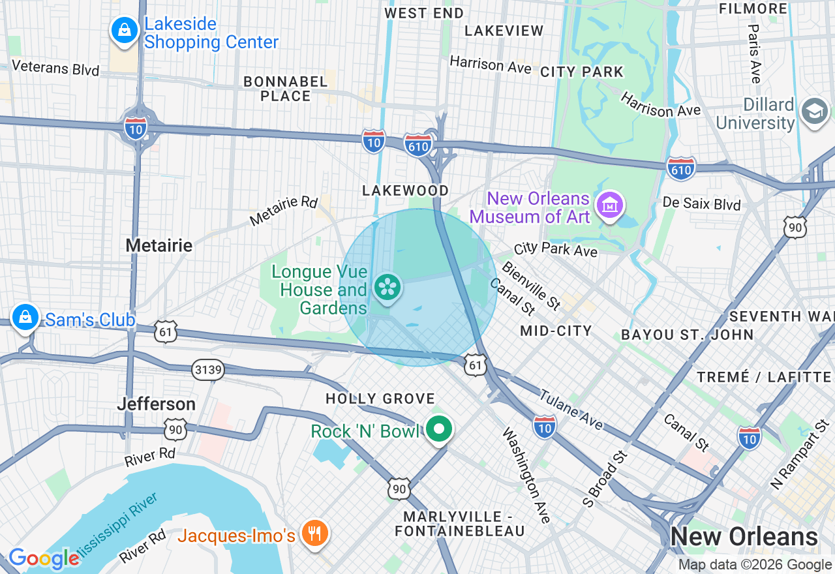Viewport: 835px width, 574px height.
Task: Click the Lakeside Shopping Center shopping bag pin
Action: [x=123, y=30]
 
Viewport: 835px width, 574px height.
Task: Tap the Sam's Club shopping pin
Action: [x=25, y=318]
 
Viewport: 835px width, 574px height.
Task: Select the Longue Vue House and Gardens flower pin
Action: [x=387, y=287]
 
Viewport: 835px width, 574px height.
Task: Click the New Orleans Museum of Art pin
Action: [x=610, y=205]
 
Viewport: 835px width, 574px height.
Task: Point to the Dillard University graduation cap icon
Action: [x=815, y=112]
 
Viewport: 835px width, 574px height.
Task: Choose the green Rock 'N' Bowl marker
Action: [x=440, y=430]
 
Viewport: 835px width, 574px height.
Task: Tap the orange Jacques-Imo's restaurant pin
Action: [x=315, y=534]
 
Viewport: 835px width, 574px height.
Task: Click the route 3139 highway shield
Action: [x=208, y=370]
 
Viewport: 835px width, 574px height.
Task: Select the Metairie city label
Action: [x=159, y=245]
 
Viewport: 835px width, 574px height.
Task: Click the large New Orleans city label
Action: [x=744, y=537]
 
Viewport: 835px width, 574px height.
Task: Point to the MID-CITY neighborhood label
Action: [x=556, y=331]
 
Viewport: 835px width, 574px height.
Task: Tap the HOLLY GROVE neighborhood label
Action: [x=380, y=399]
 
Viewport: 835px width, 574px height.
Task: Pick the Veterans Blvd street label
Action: [x=55, y=68]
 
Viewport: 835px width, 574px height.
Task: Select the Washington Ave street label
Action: [x=526, y=476]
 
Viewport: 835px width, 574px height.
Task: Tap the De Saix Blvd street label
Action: [x=701, y=204]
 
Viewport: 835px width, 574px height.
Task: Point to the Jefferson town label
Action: [x=157, y=404]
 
